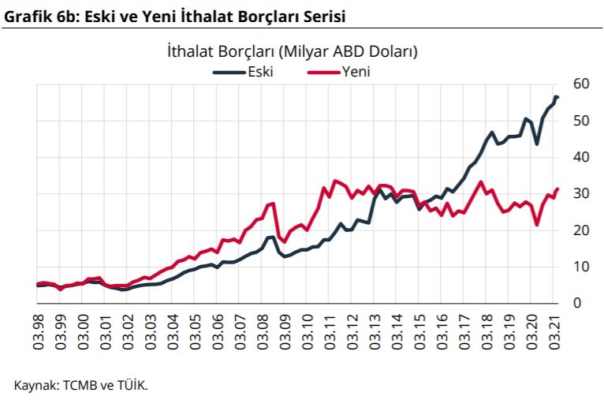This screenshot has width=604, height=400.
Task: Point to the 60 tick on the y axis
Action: [x=581, y=84]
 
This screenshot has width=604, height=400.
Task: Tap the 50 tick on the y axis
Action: [x=581, y=121]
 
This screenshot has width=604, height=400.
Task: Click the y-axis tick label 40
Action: [x=581, y=157]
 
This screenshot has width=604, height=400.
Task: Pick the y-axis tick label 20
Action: [x=581, y=230]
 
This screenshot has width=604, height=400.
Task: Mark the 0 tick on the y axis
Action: [x=577, y=303]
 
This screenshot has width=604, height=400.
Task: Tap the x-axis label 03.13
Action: [x=376, y=331]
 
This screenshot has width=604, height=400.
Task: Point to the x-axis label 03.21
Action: [x=555, y=331]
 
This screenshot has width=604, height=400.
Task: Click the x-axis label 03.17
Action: [x=465, y=331]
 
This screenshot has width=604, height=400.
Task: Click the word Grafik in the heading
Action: [x=24, y=15]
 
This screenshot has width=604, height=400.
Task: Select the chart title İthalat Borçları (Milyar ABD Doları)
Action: [x=293, y=52]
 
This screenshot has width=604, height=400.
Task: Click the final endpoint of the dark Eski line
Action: [x=557, y=97]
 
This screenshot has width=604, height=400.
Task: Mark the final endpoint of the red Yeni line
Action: [x=557, y=189]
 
